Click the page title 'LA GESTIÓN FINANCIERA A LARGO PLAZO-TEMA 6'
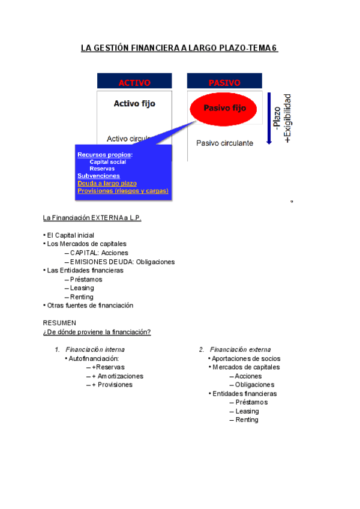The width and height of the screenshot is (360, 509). tap(179, 48)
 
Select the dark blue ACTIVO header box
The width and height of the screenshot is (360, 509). tap(134, 82)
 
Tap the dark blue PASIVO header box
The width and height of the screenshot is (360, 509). tap(224, 82)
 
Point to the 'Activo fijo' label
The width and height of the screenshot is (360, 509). tap(134, 104)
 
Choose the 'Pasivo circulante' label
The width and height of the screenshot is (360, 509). tap(224, 143)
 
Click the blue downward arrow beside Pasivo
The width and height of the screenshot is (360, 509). tap(269, 118)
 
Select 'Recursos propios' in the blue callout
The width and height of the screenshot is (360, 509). tap(104, 155)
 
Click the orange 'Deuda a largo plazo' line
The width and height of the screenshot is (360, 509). tap(107, 183)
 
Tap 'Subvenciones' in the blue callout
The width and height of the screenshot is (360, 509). tap(98, 176)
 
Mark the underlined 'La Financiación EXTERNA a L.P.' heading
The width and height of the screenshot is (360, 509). tap(92, 218)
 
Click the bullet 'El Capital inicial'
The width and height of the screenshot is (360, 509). tap(70, 235)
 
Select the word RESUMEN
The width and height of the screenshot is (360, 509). tap(59, 323)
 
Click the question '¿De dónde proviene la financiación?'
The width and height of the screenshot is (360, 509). tap(97, 332)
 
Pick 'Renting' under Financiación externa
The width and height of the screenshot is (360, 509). tap(247, 420)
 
